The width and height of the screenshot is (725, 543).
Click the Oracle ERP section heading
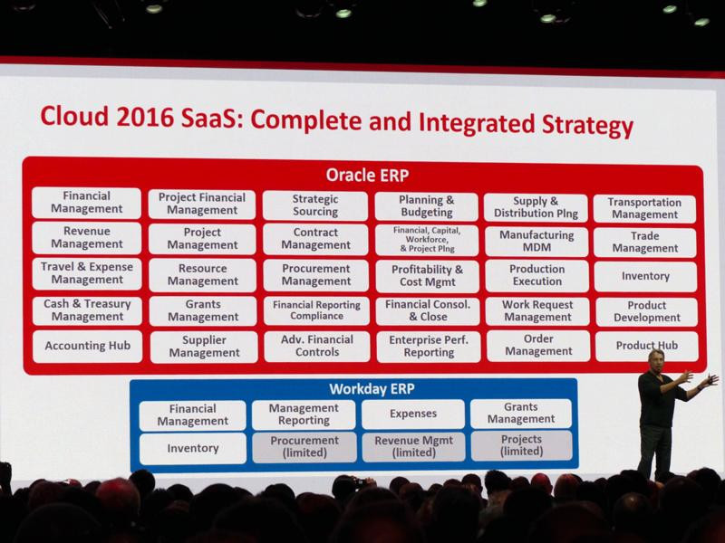click(367, 176)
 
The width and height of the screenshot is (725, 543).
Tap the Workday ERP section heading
click(372, 389)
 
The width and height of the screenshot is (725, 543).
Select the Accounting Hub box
click(87, 346)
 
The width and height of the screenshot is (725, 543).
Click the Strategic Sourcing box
click(314, 205)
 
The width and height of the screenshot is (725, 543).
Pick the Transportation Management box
click(644, 209)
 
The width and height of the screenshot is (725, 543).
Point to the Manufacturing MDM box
click(536, 241)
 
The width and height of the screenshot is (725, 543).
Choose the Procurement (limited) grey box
click(304, 447)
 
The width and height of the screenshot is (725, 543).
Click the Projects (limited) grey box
click(522, 445)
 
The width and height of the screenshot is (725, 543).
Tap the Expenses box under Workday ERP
click(413, 414)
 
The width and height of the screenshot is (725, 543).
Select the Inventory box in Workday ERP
click(193, 448)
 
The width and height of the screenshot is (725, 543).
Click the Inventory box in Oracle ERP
click(645, 276)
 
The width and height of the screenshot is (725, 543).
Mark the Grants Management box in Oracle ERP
click(202, 310)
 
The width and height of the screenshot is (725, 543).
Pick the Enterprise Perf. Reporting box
click(428, 347)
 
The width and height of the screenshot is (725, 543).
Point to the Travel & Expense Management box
click(87, 273)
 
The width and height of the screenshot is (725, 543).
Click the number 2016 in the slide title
click(145, 118)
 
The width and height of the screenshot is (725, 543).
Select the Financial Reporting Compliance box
click(316, 310)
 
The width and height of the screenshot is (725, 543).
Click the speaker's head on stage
click(655, 359)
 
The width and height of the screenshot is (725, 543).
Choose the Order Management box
click(538, 346)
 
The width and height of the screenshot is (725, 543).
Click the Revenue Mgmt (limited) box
click(414, 446)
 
